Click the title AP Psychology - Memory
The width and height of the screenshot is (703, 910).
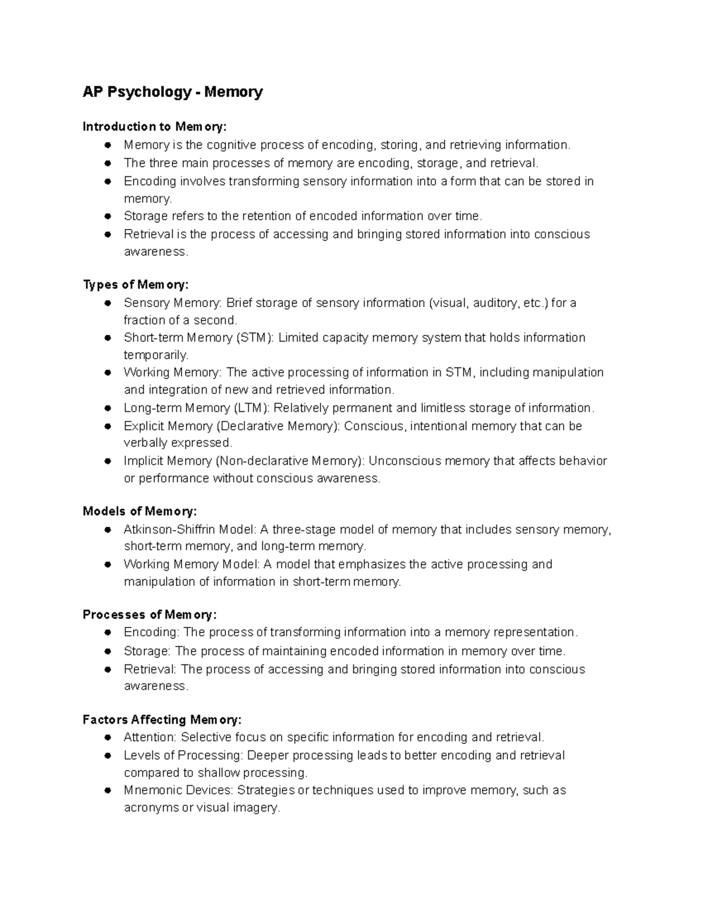(172, 92)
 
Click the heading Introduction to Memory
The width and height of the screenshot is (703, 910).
(153, 127)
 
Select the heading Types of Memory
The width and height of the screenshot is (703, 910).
(135, 285)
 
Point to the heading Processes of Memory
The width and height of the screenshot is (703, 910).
(149, 615)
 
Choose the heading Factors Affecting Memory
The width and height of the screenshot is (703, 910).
(162, 720)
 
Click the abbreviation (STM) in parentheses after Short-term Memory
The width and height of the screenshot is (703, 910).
(254, 338)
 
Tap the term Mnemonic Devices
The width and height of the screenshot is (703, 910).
(179, 790)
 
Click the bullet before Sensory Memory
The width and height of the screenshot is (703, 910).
(108, 303)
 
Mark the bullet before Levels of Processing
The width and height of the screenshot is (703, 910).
(108, 755)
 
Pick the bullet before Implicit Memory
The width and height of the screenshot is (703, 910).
(108, 461)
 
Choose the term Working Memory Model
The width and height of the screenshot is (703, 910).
(191, 564)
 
